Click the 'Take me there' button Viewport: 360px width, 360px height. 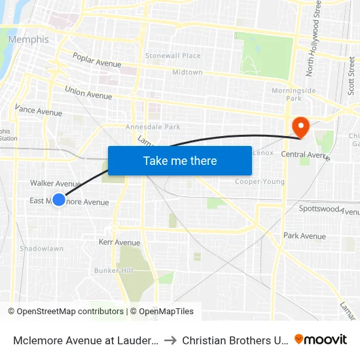point(180,160)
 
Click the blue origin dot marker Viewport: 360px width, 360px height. point(59,200)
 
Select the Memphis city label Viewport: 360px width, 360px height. point(28,39)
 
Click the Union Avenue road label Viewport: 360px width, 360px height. point(88,92)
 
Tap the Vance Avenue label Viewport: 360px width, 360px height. point(38,111)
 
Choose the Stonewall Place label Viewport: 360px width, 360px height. point(173,56)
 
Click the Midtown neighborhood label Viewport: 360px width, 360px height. point(187,73)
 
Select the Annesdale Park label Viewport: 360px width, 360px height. point(153,127)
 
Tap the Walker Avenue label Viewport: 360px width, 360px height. point(55,184)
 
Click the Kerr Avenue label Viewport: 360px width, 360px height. point(119,242)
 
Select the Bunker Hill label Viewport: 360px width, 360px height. point(114,270)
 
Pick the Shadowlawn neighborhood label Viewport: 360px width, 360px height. point(41,249)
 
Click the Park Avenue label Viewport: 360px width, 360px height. point(304,236)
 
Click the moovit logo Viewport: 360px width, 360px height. point(321,339)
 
